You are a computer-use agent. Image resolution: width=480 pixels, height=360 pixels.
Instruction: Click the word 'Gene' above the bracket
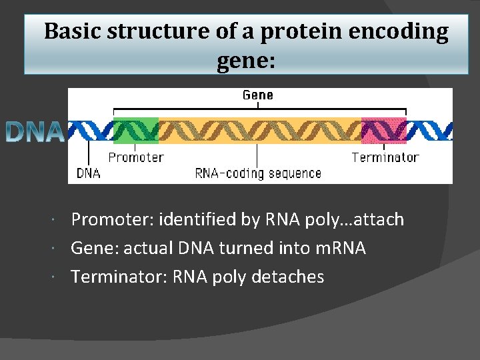257,95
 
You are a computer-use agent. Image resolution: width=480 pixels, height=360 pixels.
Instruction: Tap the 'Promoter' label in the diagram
135,157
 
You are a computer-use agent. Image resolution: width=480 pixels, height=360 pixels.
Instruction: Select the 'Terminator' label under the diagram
385,157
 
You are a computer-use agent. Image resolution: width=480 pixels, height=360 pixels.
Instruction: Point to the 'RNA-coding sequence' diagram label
258,173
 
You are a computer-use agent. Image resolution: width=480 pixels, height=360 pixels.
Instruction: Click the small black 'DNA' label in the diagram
89,173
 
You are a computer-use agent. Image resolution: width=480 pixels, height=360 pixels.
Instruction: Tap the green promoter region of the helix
136,130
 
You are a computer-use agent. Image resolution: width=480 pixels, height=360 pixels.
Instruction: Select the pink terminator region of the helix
383,130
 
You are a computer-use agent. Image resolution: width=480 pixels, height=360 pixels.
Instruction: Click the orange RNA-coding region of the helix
260,130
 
